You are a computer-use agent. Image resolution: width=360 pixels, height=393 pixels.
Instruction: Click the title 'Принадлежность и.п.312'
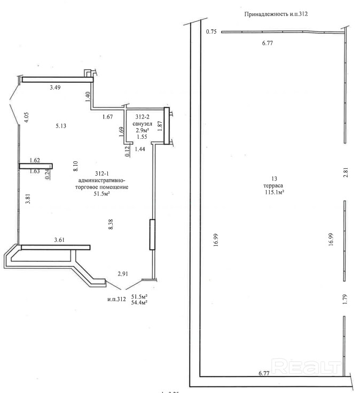pos(276,14)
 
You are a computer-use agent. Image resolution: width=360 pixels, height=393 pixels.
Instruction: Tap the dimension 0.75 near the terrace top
pos(211,32)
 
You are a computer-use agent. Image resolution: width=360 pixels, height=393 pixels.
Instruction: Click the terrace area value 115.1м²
pos(274,192)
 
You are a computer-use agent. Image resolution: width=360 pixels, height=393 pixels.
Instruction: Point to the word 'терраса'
pos(273,185)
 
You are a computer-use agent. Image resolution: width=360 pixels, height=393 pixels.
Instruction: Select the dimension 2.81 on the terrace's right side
pos(346,172)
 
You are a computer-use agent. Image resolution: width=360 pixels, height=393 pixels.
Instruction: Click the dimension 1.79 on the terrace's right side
pos(345,299)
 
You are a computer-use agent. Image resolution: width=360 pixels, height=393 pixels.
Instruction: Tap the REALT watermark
pos(307,367)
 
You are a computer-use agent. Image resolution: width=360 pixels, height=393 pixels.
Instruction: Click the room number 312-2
pos(143,116)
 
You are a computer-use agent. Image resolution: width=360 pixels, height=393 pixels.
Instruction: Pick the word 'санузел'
pos(142,123)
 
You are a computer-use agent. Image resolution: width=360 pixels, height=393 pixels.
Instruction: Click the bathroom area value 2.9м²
pos(143,130)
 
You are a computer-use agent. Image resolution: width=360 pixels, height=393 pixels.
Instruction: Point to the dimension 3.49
pos(55,88)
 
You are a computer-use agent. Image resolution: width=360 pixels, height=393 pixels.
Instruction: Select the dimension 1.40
pos(88,97)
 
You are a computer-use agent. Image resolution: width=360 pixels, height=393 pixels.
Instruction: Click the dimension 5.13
pos(61,126)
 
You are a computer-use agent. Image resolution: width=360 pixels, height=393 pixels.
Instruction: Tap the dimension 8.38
pos(111,224)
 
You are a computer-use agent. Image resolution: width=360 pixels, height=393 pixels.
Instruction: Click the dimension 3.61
pos(59,240)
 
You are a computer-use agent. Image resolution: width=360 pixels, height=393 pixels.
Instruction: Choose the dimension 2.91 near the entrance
pos(123,274)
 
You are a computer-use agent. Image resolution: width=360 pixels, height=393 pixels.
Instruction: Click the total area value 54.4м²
pos(139,303)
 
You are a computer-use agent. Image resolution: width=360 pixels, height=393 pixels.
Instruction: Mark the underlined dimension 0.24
pos(47,174)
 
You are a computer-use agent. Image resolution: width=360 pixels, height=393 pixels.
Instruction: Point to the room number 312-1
pos(102,174)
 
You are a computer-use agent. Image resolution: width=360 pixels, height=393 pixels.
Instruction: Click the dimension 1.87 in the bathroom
pos(160,126)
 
